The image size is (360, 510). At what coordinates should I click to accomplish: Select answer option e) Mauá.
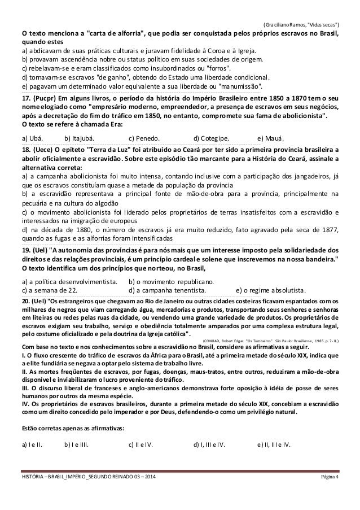pos(271,139)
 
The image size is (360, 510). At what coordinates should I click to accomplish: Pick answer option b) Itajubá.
pos(80,139)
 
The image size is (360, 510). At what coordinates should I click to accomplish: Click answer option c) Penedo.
pos(144,139)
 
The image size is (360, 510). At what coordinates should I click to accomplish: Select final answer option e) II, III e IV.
pos(273,444)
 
